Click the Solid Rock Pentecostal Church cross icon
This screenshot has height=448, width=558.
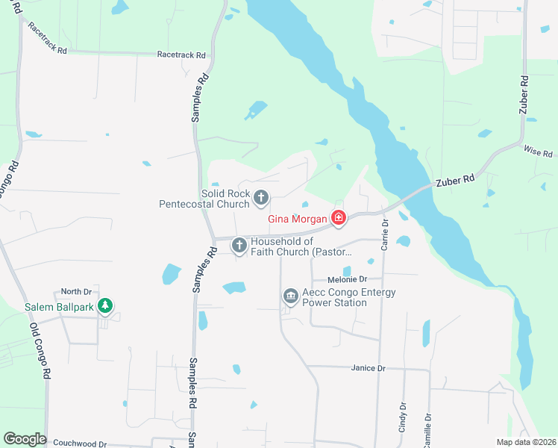pyautogui.click(x=261, y=198)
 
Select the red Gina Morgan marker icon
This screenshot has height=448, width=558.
pyautogui.click(x=339, y=218)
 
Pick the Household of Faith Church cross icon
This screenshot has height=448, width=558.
pyautogui.click(x=239, y=245)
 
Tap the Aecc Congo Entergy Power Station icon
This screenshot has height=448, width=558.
pyautogui.click(x=290, y=297)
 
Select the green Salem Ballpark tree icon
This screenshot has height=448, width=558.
pyautogui.click(x=106, y=305)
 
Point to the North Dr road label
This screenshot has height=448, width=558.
pyautogui.click(x=75, y=291)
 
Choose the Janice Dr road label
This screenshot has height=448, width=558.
pyautogui.click(x=368, y=368)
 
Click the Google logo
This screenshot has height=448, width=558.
pyautogui.click(x=25, y=439)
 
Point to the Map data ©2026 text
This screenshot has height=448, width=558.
pyautogui.click(x=525, y=442)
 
